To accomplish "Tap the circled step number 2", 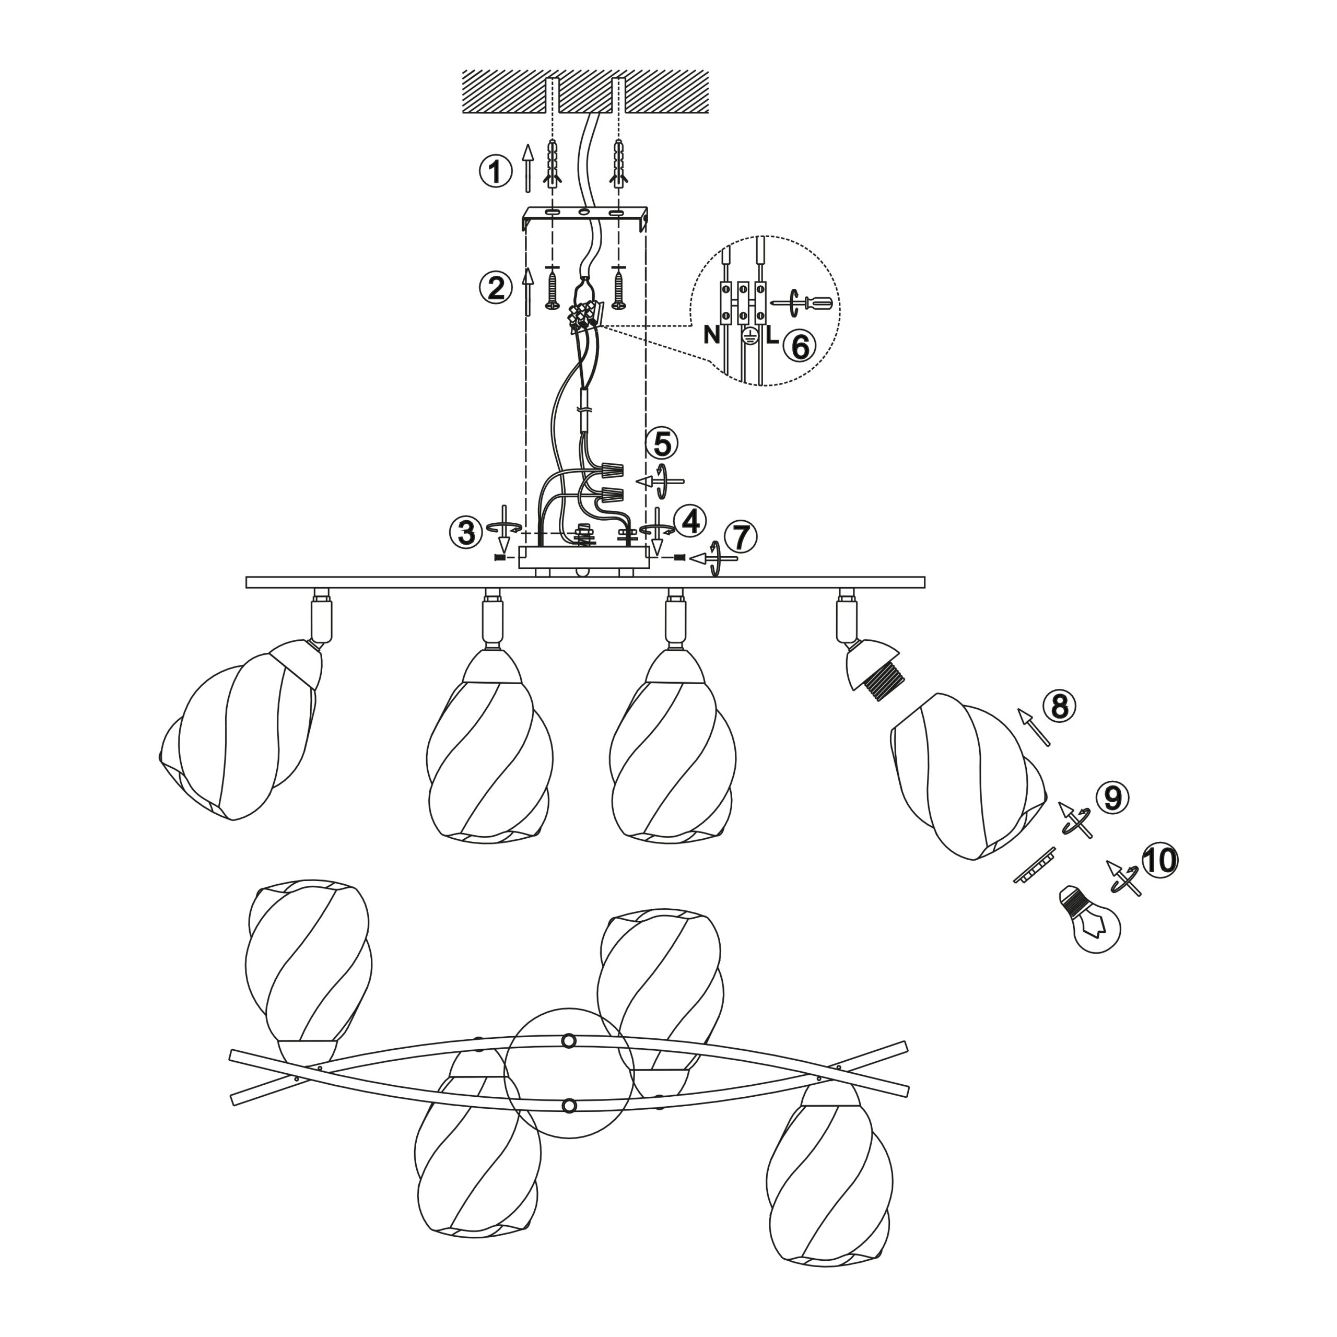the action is click(x=496, y=288).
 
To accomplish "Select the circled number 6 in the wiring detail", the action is click(x=799, y=346).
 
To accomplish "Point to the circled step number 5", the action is click(x=662, y=443).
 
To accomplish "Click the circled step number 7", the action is click(x=741, y=536).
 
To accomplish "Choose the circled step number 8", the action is click(x=1060, y=707).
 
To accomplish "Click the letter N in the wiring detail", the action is click(x=711, y=335).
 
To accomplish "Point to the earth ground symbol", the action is click(x=747, y=337).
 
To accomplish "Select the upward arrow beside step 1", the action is click(x=528, y=168).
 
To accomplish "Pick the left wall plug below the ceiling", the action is click(x=552, y=164).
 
